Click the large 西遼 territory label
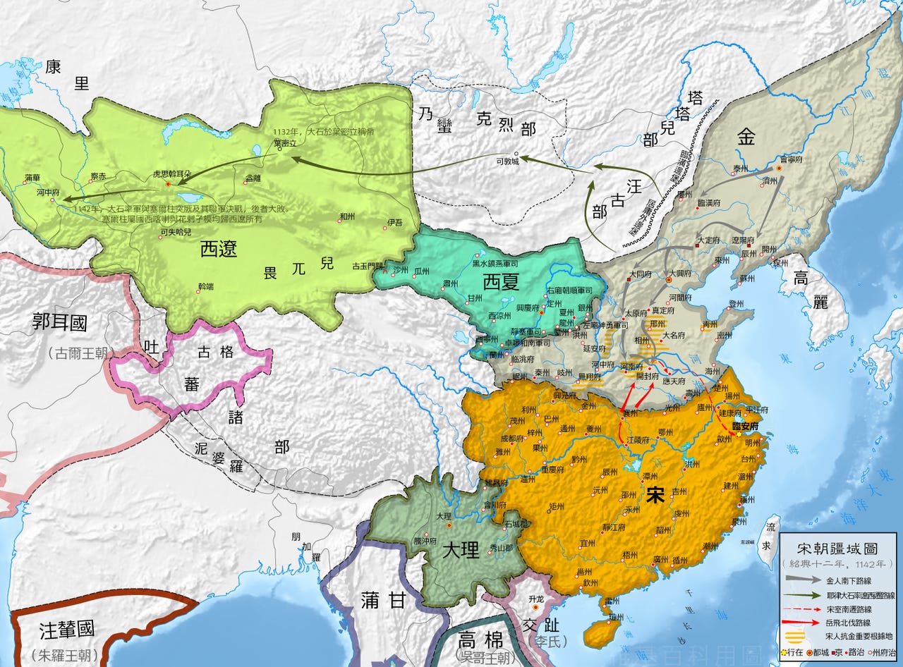218,248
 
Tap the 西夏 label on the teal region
501,283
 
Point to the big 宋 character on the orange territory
655,495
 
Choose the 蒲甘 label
383,600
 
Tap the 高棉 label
480,640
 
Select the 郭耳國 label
60,324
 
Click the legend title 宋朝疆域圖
837,548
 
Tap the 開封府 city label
648,377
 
